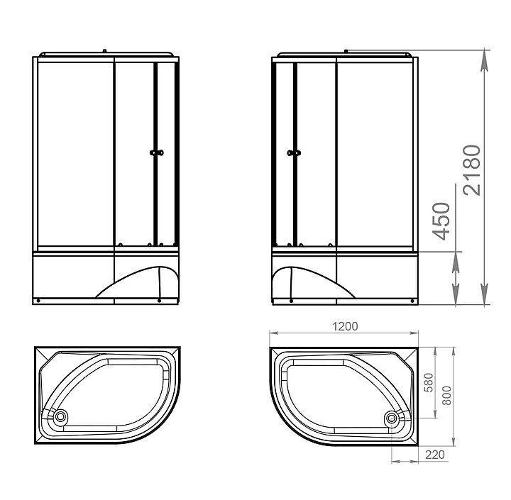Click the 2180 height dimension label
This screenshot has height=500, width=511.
point(472,170)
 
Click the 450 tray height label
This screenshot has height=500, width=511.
point(441,221)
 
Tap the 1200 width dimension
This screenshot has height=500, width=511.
point(345,326)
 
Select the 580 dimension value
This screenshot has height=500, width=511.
point(429,382)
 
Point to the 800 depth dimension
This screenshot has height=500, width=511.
point(447,396)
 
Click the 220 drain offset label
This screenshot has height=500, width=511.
point(435,455)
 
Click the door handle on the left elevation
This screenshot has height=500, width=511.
point(157,152)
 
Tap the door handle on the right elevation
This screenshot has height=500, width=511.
point(294,152)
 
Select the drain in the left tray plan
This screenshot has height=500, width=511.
point(60,416)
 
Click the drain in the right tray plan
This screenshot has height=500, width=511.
point(391,418)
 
